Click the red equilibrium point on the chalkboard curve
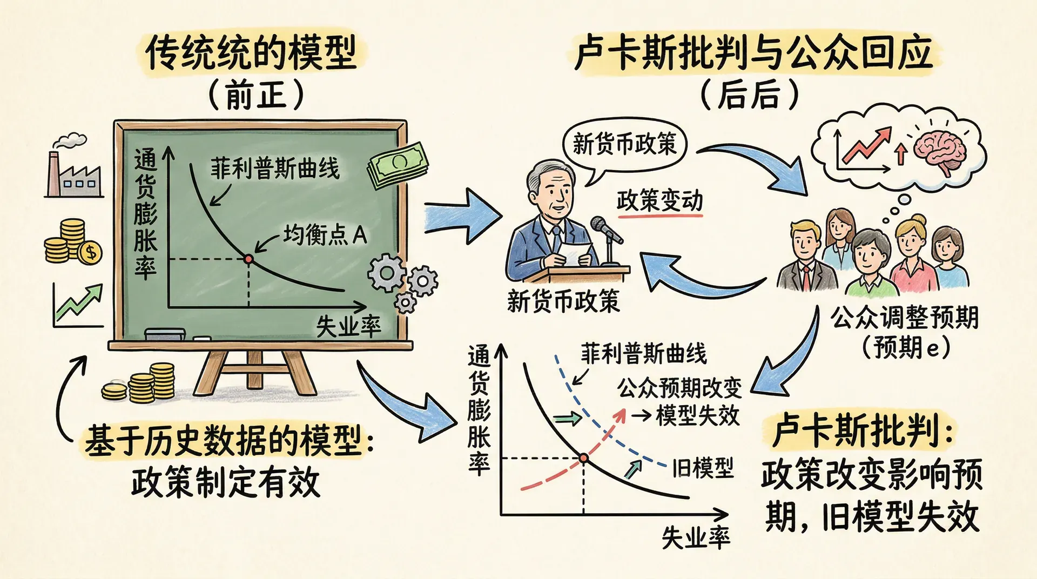pyautogui.click(x=248, y=259)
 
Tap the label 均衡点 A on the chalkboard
pyautogui.click(x=325, y=235)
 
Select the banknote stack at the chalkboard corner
pyautogui.click(x=398, y=164)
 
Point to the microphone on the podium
pyautogui.click(x=606, y=229)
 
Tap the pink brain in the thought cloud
pyautogui.click(x=940, y=149)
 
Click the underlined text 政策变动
pyautogui.click(x=659, y=201)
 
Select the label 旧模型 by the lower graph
pyautogui.click(x=703, y=468)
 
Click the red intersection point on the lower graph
pyautogui.click(x=583, y=459)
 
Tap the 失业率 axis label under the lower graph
pyautogui.click(x=696, y=537)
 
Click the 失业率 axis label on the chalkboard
pyautogui.click(x=348, y=326)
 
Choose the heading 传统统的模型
pyautogui.click(x=251, y=53)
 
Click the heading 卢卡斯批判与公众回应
pyautogui.click(x=754, y=52)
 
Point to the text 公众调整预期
pyautogui.click(x=904, y=318)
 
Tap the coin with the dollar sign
pyautogui.click(x=90, y=252)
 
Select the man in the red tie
pyautogui.click(x=806, y=258)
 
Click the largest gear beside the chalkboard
pyautogui.click(x=387, y=273)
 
